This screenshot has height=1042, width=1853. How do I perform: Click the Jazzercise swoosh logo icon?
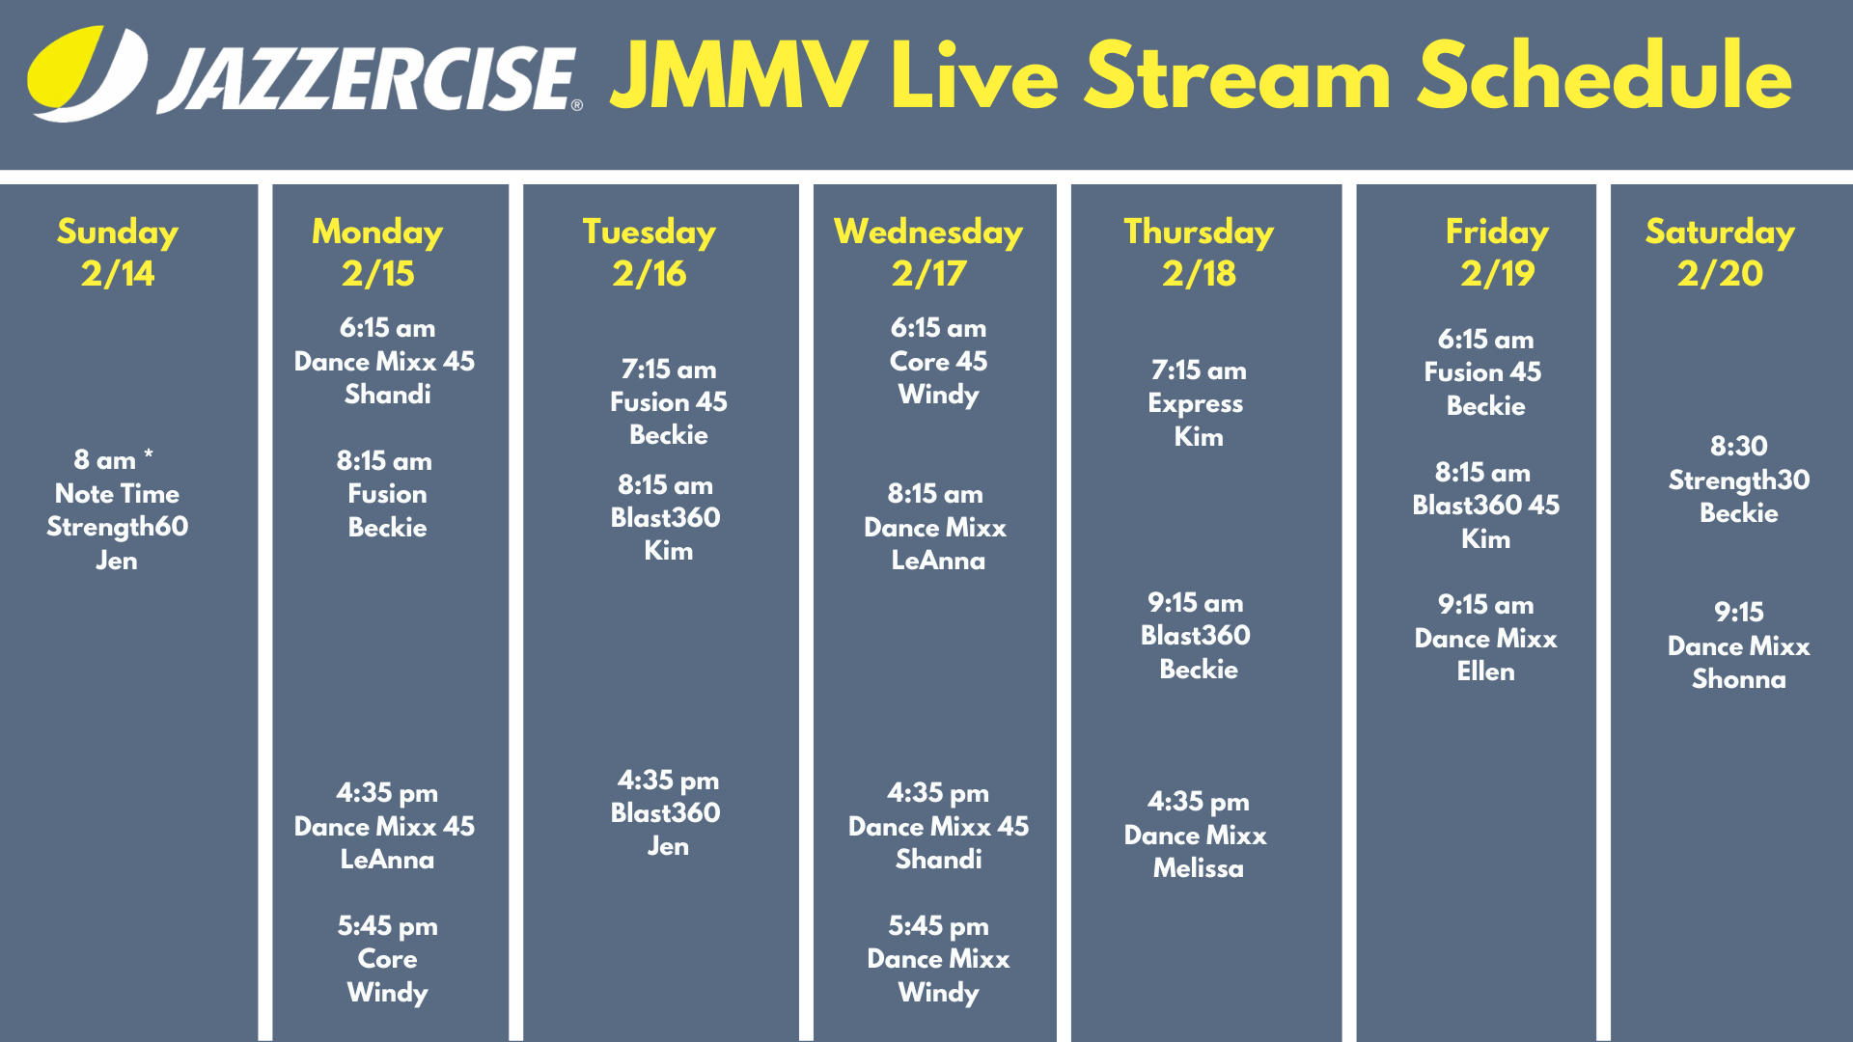[x=88, y=73]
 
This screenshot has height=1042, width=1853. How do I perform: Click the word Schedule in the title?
[x=1604, y=75]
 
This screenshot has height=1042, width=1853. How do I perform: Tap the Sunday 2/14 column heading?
[x=118, y=253]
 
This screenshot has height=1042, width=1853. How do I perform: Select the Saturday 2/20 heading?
[x=1720, y=253]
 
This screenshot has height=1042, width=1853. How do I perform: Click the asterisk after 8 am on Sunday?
[x=149, y=453]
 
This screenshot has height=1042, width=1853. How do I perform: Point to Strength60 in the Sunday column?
[x=118, y=527]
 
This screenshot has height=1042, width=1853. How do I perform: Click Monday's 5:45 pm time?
[x=387, y=926]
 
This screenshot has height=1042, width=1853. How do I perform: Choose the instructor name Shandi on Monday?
[x=388, y=395]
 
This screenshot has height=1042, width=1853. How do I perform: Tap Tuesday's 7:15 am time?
[x=669, y=370]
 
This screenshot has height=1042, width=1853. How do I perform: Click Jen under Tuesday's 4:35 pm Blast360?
[x=668, y=846]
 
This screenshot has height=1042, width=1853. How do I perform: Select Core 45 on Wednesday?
[x=938, y=362]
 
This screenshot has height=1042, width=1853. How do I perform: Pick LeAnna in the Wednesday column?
[x=938, y=561]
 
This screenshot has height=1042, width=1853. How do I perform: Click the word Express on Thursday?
[x=1196, y=404]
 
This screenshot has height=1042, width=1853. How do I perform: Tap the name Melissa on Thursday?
[x=1199, y=868]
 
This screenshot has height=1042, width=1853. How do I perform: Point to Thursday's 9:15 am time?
[x=1196, y=603]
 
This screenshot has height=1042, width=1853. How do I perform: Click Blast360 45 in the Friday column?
[x=1486, y=506]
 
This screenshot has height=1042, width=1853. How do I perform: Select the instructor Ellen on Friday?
[x=1486, y=672]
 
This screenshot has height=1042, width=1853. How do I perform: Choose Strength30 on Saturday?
[x=1739, y=480]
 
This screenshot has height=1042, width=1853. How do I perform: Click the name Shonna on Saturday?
[x=1739, y=679]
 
